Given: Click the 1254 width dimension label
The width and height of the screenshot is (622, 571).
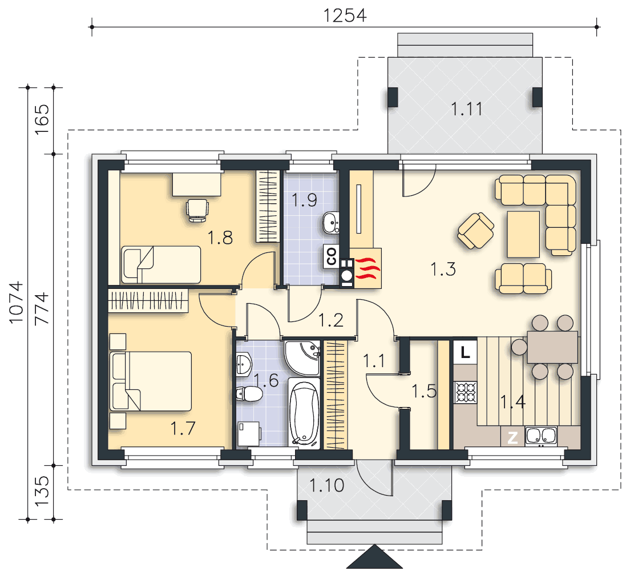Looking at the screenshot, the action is (345, 15).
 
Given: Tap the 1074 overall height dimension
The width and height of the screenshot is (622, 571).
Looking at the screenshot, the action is (17, 303).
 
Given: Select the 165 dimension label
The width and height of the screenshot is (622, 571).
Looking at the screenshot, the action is (42, 119).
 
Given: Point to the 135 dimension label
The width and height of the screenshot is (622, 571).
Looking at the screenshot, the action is (42, 492).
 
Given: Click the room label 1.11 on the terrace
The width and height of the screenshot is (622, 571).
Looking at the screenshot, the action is (467, 109).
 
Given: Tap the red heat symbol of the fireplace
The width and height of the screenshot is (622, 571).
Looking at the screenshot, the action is (367, 268).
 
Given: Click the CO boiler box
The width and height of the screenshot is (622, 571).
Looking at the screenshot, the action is (332, 256).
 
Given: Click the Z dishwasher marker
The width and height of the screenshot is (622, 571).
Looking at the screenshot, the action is (512, 438).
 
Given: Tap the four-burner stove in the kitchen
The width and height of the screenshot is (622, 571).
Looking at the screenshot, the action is (466, 392).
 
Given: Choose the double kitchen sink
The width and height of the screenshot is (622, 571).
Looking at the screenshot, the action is (541, 436).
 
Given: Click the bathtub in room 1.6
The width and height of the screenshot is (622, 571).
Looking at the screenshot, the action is (304, 413).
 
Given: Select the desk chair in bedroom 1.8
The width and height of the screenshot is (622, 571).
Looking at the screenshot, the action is (197, 210).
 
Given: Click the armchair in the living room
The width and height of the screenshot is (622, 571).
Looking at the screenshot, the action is (475, 231).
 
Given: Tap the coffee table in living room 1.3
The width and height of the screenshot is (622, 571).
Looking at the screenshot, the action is (523, 234).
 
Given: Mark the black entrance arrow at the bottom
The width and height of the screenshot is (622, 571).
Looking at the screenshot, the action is (374, 557).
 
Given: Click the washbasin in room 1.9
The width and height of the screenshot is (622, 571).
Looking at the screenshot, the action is (331, 223).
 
